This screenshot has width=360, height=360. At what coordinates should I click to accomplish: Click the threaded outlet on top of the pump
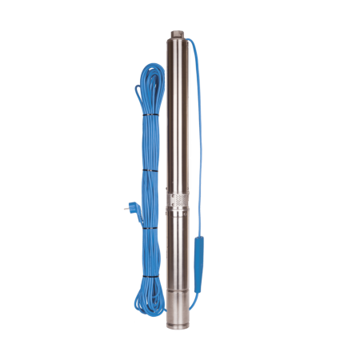point(177,33)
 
